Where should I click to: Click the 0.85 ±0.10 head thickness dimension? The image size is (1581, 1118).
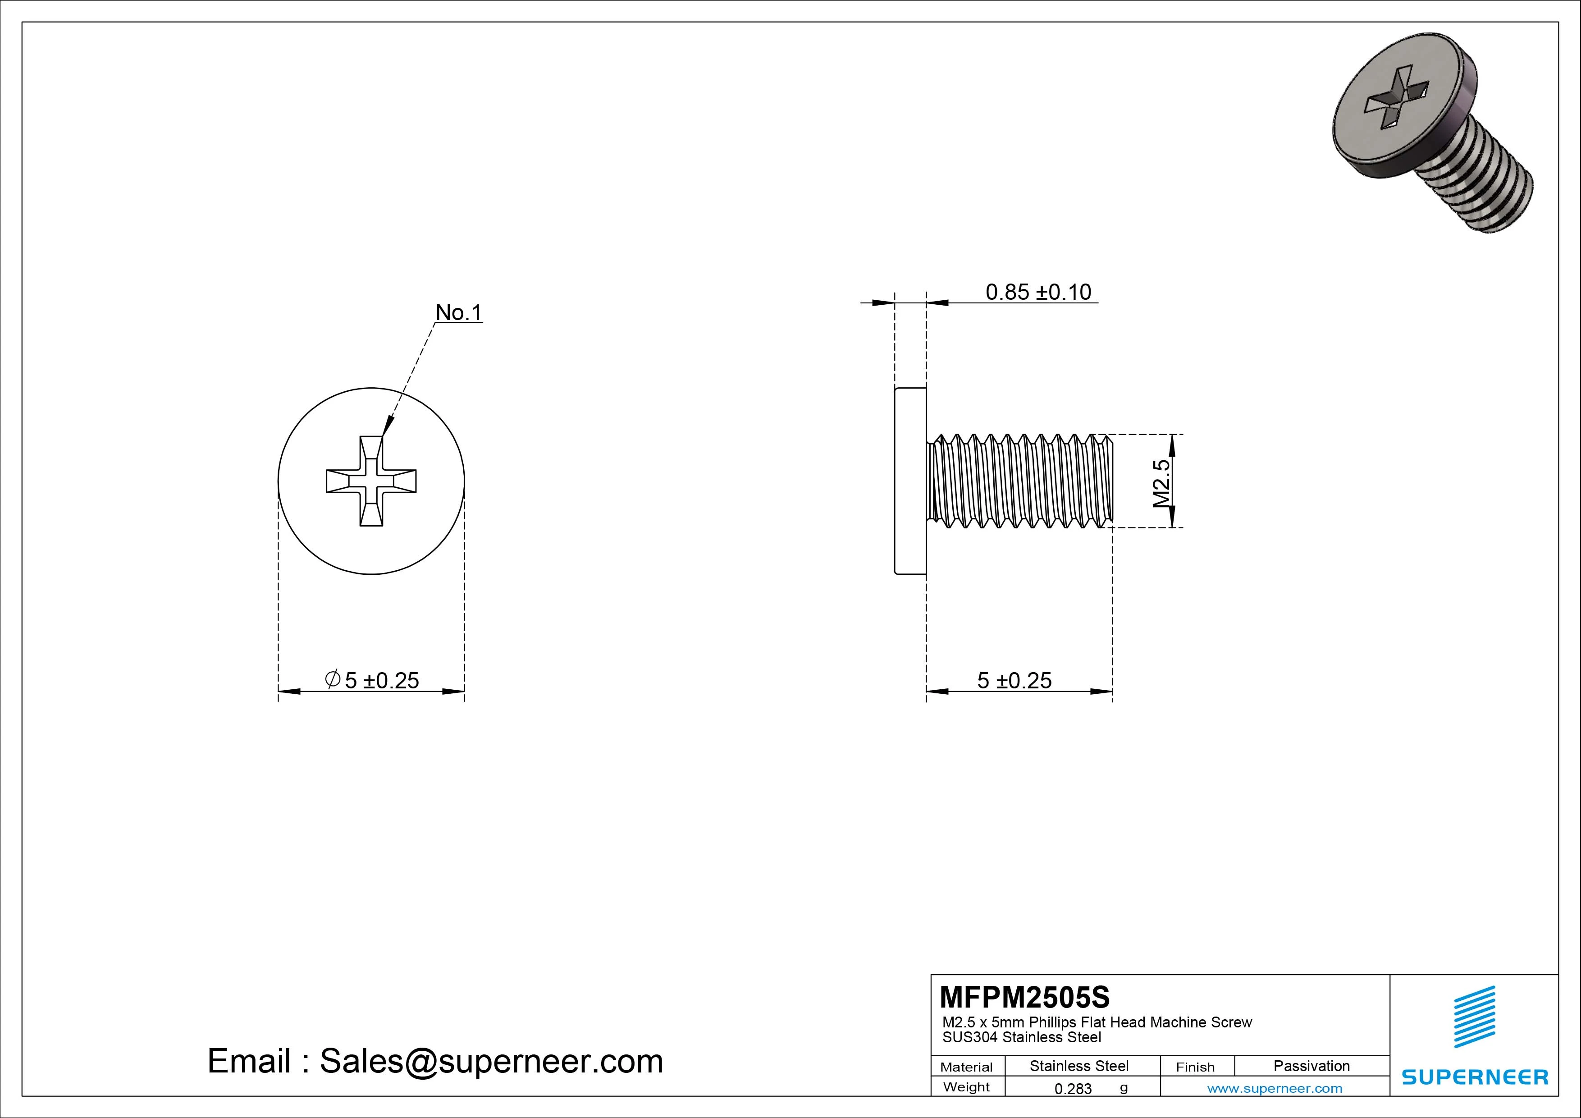click(1038, 292)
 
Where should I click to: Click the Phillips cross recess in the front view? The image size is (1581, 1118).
click(371, 481)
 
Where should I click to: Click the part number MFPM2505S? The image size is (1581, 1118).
click(1024, 997)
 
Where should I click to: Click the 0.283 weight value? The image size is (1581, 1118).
click(1073, 1088)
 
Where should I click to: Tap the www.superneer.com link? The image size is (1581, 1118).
click(1275, 1088)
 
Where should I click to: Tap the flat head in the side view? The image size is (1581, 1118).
click(910, 481)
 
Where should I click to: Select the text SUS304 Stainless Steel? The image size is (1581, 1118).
click(1021, 1037)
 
